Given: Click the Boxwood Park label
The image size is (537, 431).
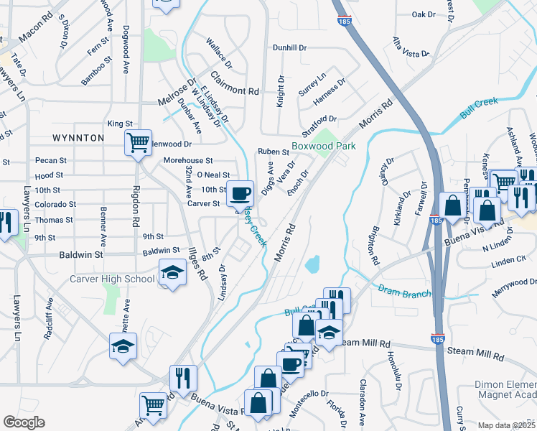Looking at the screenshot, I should [x=323, y=147].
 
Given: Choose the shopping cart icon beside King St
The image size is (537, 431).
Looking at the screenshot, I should [x=138, y=142].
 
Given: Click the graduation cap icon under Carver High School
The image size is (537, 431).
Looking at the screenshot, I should [x=171, y=274].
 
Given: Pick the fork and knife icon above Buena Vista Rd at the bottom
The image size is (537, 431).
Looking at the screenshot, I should [x=183, y=377].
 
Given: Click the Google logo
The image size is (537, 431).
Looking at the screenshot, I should [x=24, y=422].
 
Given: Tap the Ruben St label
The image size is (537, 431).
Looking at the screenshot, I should [x=274, y=152].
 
